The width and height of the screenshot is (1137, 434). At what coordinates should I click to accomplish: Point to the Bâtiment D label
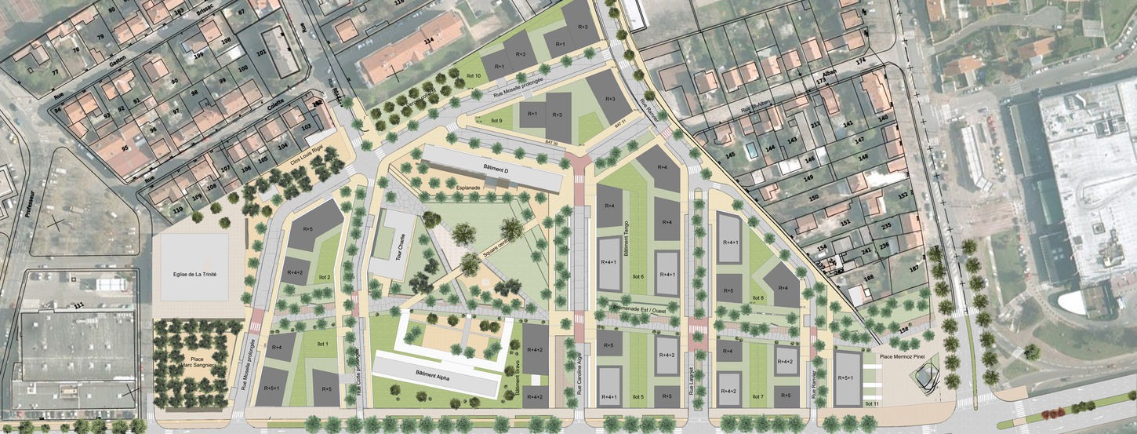pyautogui.click(x=495, y=169)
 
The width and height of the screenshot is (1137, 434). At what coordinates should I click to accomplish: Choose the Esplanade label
pyautogui.click(x=468, y=189)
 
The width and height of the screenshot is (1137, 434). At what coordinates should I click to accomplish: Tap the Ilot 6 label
pyautogui.click(x=637, y=276)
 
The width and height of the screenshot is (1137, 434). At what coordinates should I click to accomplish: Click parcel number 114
pyautogui.click(x=429, y=41)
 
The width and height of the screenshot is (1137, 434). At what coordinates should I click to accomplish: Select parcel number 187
pyautogui.click(x=914, y=268)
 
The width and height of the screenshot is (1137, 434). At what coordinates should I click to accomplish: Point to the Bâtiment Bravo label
pyautogui.click(x=518, y=382)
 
